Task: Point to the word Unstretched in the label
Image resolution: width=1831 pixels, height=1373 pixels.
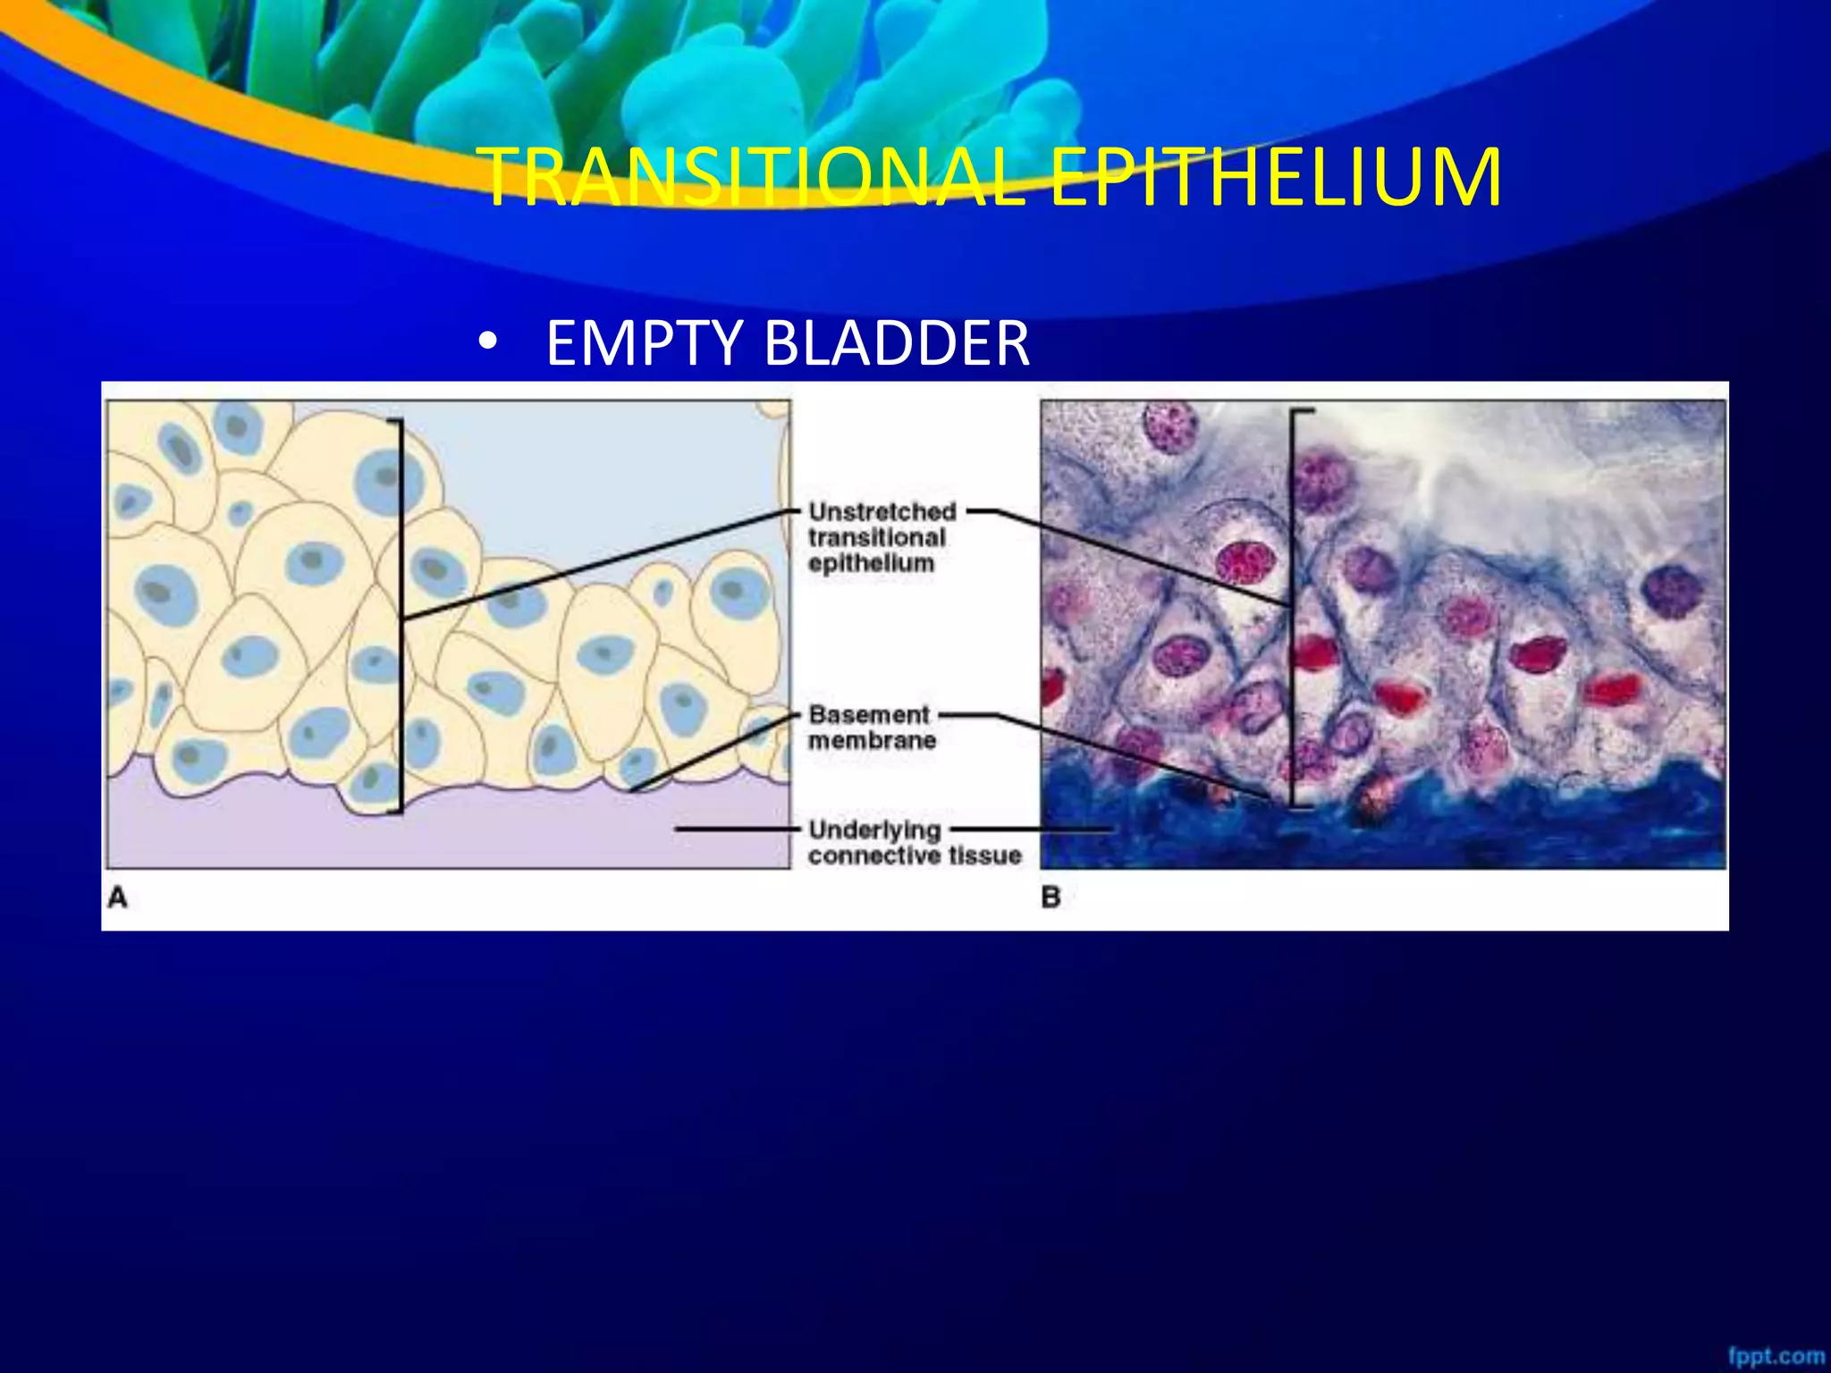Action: click(x=882, y=512)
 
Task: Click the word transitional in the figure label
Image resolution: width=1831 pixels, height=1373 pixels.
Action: click(x=876, y=537)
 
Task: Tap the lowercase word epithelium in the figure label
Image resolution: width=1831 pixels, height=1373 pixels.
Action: click(x=871, y=563)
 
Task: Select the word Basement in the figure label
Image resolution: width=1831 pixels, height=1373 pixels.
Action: click(x=869, y=715)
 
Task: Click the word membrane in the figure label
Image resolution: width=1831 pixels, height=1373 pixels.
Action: click(x=872, y=740)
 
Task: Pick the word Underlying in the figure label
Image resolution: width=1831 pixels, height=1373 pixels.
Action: click(x=874, y=830)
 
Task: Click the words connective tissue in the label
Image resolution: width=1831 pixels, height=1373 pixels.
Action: click(x=914, y=855)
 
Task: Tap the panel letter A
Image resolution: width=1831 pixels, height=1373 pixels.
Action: click(x=117, y=897)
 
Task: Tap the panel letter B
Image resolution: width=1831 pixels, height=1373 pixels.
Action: click(x=1051, y=897)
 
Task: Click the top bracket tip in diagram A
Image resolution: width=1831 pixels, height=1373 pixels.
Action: click(x=392, y=420)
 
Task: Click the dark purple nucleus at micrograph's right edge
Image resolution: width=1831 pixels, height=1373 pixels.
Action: click(x=1670, y=590)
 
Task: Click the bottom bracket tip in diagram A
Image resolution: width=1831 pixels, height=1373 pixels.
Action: click(x=392, y=812)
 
